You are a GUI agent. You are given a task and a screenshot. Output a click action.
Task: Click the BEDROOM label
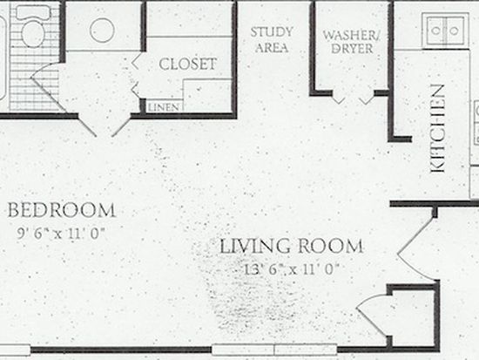tap(62, 210)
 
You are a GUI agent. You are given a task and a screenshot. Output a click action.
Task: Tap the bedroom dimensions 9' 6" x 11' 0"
tap(61, 234)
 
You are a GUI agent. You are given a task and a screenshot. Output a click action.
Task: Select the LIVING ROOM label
tap(292, 246)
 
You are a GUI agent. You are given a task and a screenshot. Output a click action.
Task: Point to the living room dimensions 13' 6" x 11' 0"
tap(292, 269)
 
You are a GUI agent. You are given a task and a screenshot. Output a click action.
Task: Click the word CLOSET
tap(187, 64)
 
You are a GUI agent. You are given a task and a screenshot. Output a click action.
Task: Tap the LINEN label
tap(164, 107)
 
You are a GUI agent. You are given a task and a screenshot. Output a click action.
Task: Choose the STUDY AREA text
tap(272, 40)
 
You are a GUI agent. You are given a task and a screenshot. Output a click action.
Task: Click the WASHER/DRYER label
tap(351, 42)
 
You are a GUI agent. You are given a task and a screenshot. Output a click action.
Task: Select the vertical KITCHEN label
tap(437, 128)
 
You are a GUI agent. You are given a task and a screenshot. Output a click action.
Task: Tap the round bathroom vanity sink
tap(103, 31)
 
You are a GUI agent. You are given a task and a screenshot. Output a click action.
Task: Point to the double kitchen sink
tap(445, 30)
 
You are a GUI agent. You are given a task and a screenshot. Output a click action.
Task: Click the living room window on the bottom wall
tap(274, 350)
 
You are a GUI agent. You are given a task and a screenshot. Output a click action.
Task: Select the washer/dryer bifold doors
tap(353, 100)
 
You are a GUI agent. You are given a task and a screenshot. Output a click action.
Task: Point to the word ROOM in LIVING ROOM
tap(331, 246)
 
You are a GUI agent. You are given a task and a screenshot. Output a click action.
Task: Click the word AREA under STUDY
tap(272, 48)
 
